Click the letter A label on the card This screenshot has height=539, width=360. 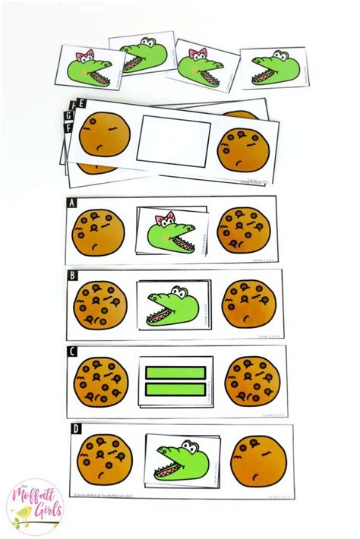[71, 203]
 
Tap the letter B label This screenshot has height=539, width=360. [73, 276]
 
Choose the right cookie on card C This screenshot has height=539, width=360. [250, 379]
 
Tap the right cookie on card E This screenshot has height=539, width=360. [242, 149]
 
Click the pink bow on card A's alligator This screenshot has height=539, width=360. [161, 222]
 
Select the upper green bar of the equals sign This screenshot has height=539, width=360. [176, 372]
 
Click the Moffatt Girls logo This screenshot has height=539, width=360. [33, 507]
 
